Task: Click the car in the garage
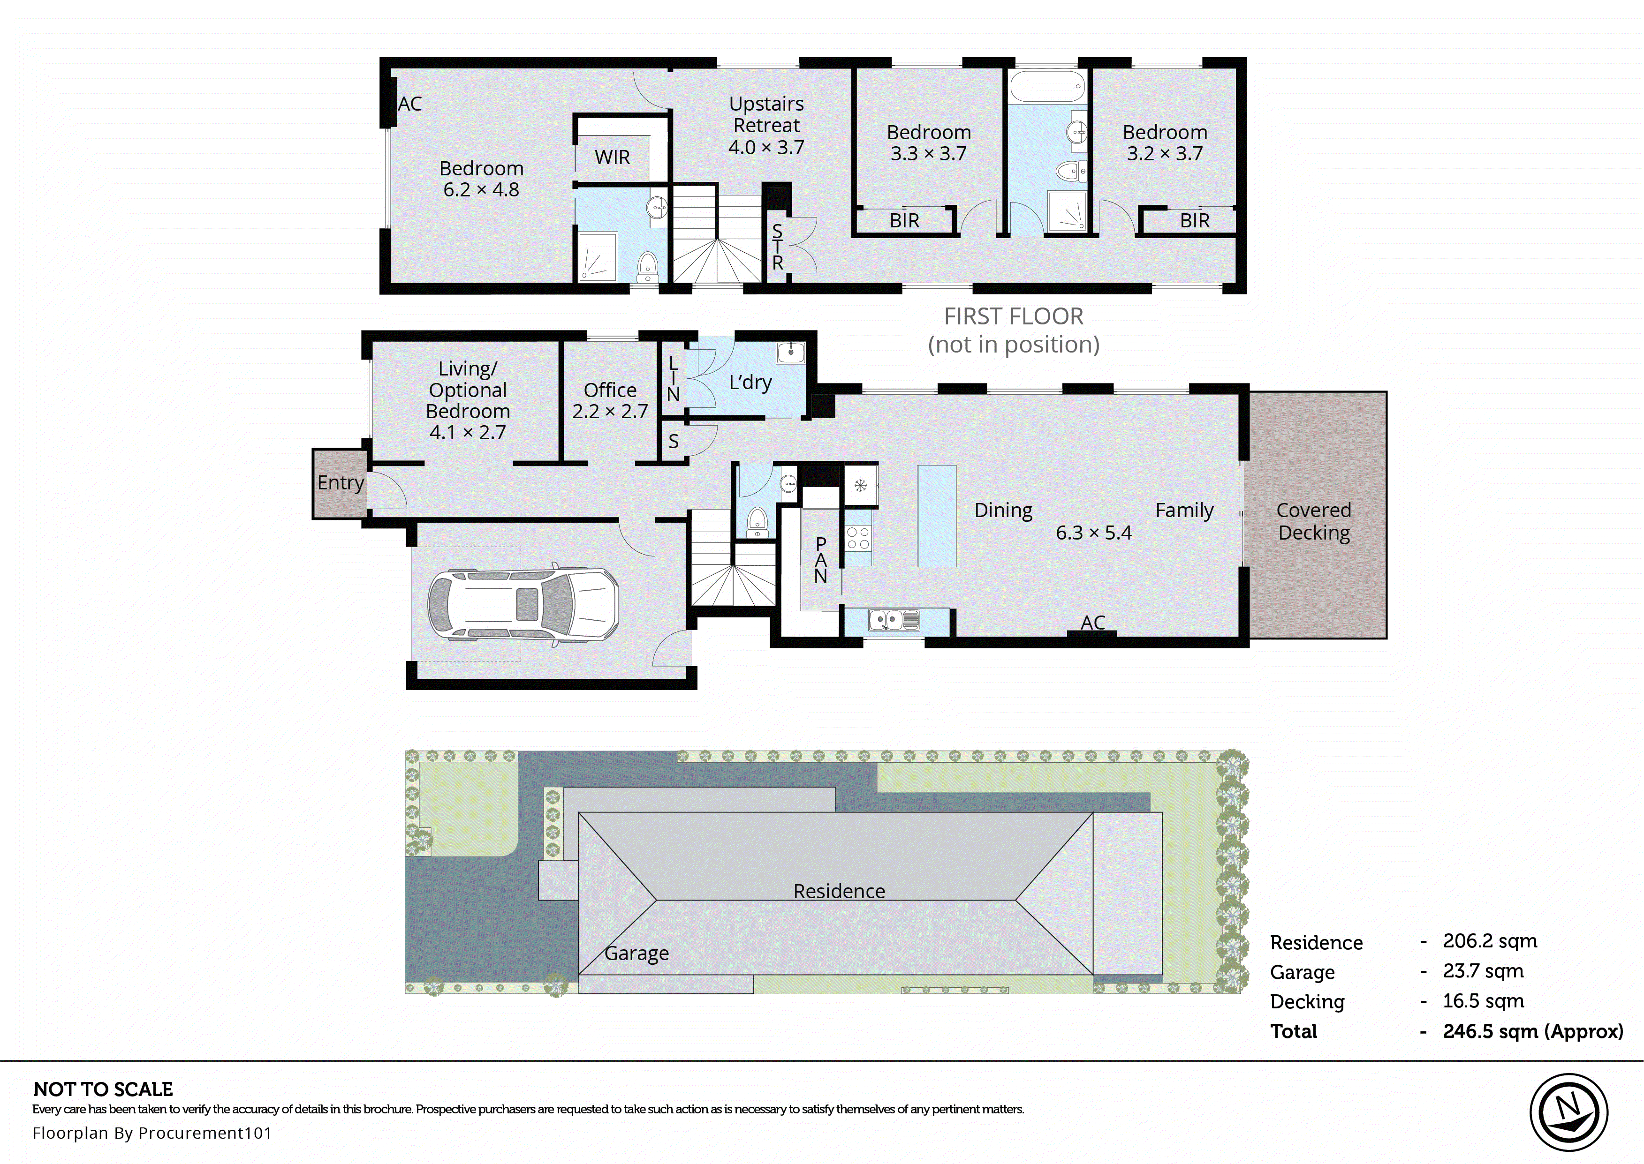pos(523,604)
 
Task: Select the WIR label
pos(612,158)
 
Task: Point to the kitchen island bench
pos(936,516)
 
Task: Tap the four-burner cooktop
pos(858,538)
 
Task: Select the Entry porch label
pos(341,483)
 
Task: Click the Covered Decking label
pos(1313,521)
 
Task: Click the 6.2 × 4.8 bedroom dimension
pos(481,190)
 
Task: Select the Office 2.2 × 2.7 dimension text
pos(610,412)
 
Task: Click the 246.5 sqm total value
pos(1533,1031)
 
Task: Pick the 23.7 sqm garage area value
pos(1483,971)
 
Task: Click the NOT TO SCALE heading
pos(103,1089)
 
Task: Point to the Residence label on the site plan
pos(839,891)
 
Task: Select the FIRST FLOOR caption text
pos(1013,316)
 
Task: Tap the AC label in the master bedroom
pos(410,105)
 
